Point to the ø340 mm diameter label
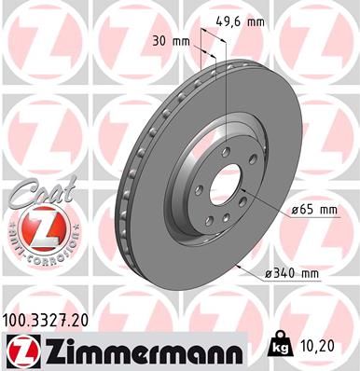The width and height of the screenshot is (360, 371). [x=290, y=271]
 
